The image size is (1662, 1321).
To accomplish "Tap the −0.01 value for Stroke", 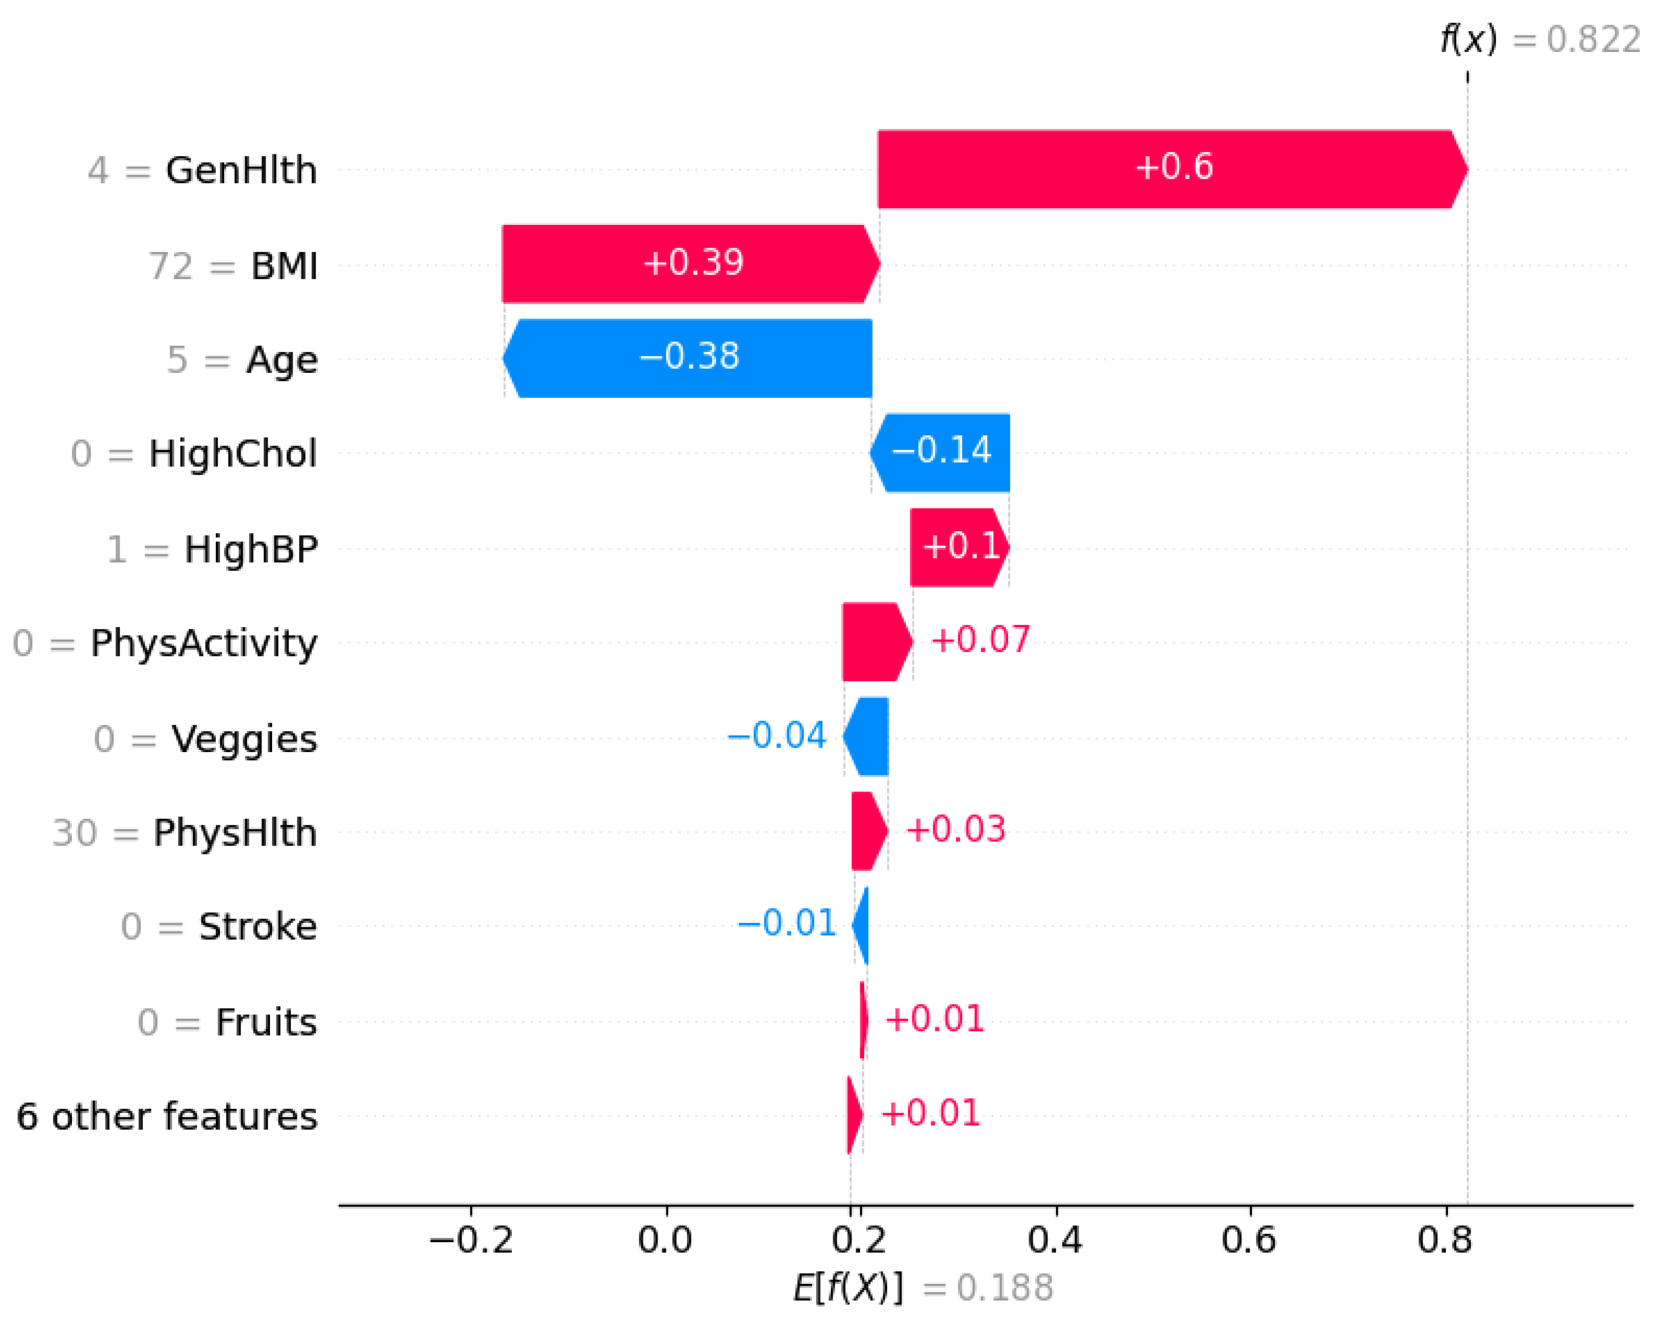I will pos(786,923).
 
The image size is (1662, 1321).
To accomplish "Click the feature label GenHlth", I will pos(241,170).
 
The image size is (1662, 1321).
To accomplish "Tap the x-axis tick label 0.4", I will pos(1054,1240).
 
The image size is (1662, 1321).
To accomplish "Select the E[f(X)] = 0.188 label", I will pos(923,1288).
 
